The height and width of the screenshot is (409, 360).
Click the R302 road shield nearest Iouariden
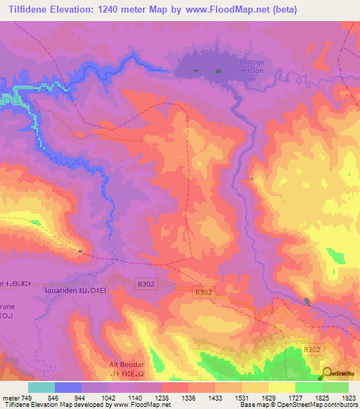click(x=145, y=283)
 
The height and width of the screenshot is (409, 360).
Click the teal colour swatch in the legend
click(x=41, y=387)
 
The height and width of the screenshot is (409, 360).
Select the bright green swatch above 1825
click(x=335, y=387)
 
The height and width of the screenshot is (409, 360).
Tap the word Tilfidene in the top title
click(x=26, y=10)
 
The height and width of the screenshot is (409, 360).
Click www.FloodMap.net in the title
click(x=219, y=10)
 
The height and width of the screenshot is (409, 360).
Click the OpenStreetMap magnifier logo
click(x=327, y=373)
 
